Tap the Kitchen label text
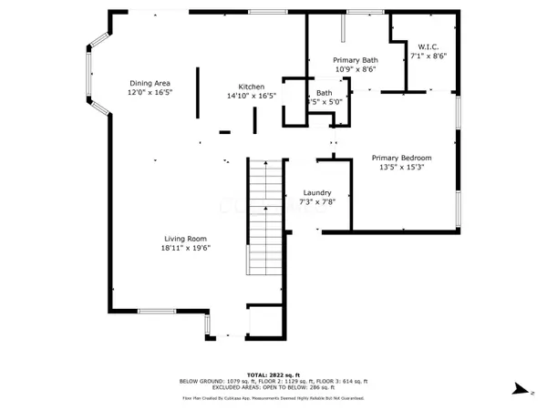click(x=251, y=87)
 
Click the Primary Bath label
click(x=356, y=59)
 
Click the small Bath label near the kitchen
click(x=324, y=93)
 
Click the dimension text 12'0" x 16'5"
click(x=150, y=93)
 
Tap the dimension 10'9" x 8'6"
click(x=356, y=69)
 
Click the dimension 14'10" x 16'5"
click(x=251, y=96)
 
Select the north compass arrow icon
click(x=517, y=389)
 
